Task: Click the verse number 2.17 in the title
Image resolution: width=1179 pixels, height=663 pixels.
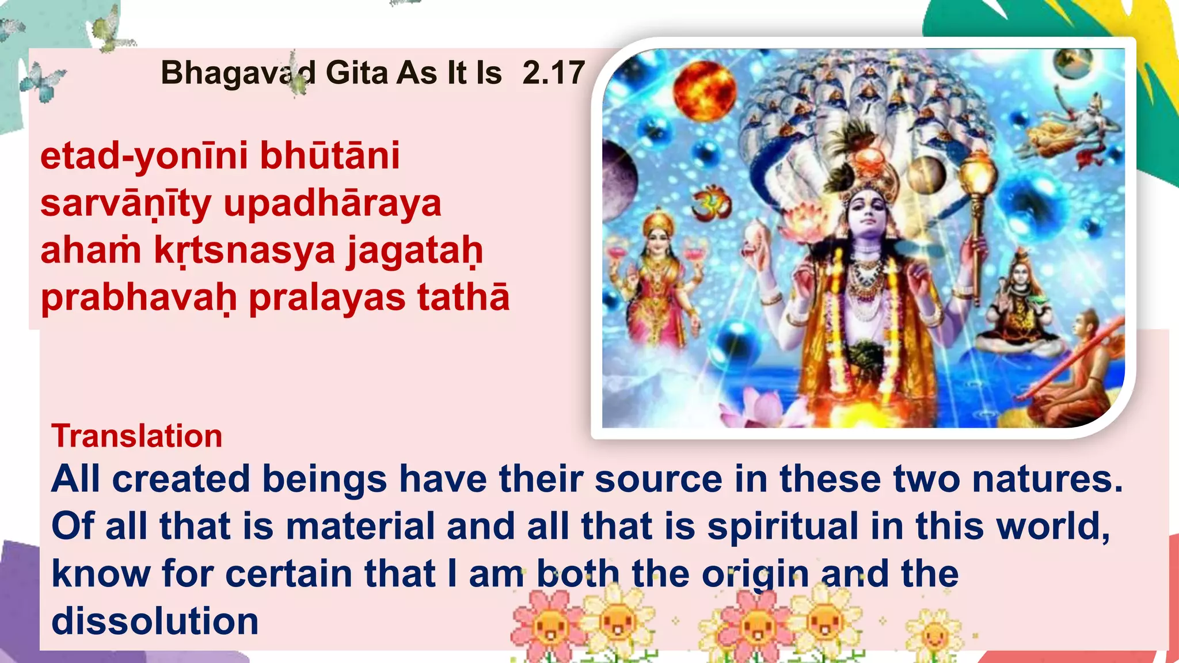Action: pyautogui.click(x=553, y=73)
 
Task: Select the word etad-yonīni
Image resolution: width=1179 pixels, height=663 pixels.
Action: pyautogui.click(x=144, y=156)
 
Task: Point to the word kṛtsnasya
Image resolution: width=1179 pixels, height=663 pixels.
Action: pyautogui.click(x=244, y=251)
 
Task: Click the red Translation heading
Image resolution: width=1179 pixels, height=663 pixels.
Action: pyautogui.click(x=137, y=436)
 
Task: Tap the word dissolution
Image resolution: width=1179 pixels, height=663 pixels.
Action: pyautogui.click(x=155, y=621)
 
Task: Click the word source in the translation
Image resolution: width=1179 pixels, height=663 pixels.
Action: pyautogui.click(x=658, y=479)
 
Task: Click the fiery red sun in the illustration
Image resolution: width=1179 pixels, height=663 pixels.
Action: pyautogui.click(x=704, y=92)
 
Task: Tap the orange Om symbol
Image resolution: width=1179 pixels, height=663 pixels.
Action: pyautogui.click(x=712, y=205)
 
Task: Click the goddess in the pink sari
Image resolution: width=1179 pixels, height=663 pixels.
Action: pyautogui.click(x=658, y=276)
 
